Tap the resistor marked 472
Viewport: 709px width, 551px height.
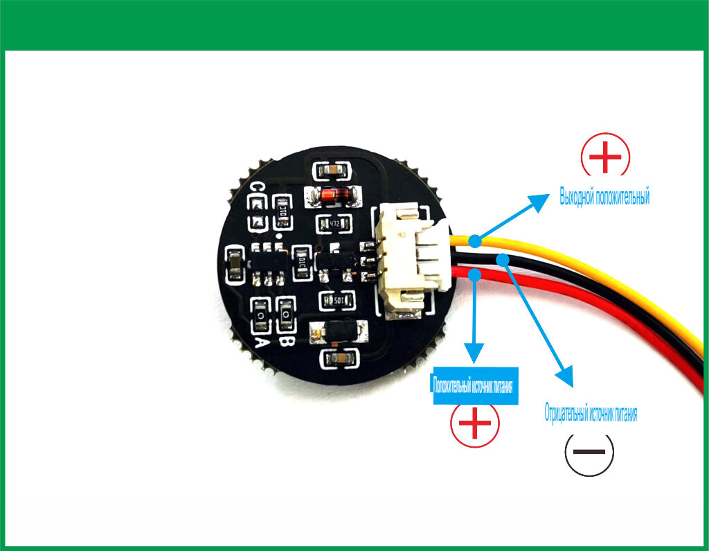(334, 225)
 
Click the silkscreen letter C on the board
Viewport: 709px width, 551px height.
(257, 189)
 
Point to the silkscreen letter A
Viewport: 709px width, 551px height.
(262, 342)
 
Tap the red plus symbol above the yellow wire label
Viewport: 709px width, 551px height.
(605, 156)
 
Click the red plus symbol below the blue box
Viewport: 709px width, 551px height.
(475, 423)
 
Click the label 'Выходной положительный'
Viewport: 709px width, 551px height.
(604, 198)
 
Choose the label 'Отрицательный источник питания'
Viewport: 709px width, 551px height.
(590, 414)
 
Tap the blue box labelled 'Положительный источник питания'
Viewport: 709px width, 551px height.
(475, 385)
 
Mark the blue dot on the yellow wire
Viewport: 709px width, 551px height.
(474, 241)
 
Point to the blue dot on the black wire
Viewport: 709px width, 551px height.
(503, 259)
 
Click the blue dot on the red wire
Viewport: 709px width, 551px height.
(474, 275)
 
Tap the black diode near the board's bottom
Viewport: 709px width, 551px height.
(339, 333)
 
